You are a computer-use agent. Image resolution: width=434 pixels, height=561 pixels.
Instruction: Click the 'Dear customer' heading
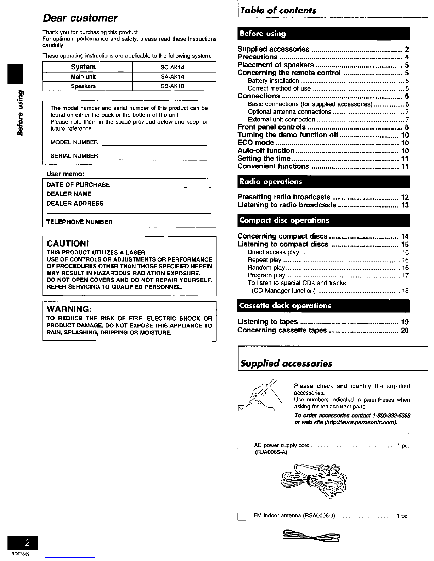(x=80, y=18)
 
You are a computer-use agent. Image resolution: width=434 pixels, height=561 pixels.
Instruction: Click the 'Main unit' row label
(x=83, y=77)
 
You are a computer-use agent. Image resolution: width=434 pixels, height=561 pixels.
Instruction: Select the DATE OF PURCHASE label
(x=78, y=185)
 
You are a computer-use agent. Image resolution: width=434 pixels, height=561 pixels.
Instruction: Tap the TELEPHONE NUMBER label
(x=80, y=222)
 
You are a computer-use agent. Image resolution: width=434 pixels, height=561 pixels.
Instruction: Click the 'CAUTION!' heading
(x=67, y=244)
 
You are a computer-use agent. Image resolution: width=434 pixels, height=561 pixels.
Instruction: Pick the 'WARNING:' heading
(x=69, y=309)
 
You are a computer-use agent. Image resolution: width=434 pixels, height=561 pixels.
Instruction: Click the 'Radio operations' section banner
(x=271, y=182)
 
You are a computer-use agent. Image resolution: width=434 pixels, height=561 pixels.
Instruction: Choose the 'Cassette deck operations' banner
(x=285, y=305)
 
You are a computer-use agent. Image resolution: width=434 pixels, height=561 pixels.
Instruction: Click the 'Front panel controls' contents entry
(x=272, y=127)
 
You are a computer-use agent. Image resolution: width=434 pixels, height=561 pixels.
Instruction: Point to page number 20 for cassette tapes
(x=405, y=330)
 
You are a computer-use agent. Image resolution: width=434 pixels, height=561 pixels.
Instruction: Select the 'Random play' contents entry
(x=266, y=268)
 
